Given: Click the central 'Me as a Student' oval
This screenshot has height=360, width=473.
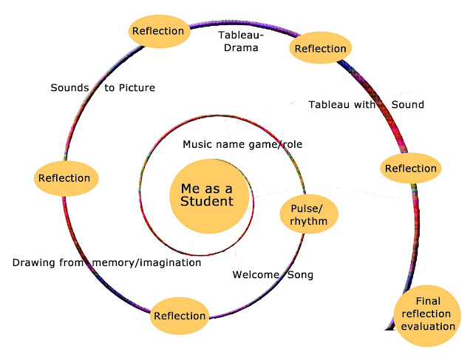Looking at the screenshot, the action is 209,197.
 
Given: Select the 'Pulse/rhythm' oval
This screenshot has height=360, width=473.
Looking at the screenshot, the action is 309,214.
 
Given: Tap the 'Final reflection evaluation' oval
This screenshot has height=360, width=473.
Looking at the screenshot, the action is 427,316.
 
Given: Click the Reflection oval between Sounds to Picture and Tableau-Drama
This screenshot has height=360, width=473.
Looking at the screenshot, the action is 160,31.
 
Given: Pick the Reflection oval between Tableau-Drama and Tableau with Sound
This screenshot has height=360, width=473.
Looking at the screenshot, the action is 320,47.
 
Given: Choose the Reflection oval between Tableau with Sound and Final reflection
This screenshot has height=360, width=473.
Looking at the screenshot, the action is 411,168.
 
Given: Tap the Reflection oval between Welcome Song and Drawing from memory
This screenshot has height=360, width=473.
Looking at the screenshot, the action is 180,316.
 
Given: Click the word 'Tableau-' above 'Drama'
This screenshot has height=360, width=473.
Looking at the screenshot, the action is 241,35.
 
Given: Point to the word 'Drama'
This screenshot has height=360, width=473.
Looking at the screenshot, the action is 241,47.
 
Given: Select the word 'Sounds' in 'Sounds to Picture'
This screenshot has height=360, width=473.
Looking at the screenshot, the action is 69,87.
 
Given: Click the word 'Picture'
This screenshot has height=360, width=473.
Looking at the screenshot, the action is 137,87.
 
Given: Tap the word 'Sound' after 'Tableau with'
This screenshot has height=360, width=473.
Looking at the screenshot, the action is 408,104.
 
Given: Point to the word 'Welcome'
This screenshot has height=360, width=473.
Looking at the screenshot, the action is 256,274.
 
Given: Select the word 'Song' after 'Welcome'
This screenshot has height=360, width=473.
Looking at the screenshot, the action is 300,275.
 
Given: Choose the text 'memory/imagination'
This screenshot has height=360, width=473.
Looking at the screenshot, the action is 146,263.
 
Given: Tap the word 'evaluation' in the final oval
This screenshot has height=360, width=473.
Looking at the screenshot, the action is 428,326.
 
